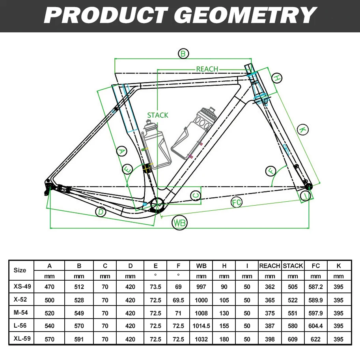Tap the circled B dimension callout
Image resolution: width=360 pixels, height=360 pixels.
[x=183, y=54]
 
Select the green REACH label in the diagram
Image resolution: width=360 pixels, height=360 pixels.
[x=207, y=69]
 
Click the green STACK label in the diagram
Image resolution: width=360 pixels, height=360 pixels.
[x=158, y=115]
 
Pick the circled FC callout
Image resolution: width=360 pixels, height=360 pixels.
[x=236, y=202]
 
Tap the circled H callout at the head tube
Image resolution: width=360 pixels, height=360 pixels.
[x=277, y=78]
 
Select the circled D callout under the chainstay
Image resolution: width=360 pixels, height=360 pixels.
[x=101, y=212]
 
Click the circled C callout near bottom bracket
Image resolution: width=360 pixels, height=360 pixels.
[x=195, y=195]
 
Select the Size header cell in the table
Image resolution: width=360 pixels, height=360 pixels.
[x=20, y=270]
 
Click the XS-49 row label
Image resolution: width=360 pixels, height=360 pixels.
[x=20, y=287]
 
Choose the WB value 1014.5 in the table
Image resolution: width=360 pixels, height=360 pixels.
[x=201, y=326]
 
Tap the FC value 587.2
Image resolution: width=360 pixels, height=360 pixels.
[x=315, y=287]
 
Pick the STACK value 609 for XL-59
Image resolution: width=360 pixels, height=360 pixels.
[x=293, y=339]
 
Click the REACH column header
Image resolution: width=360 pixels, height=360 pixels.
[x=270, y=266]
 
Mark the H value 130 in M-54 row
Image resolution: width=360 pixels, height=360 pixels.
[x=224, y=313]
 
